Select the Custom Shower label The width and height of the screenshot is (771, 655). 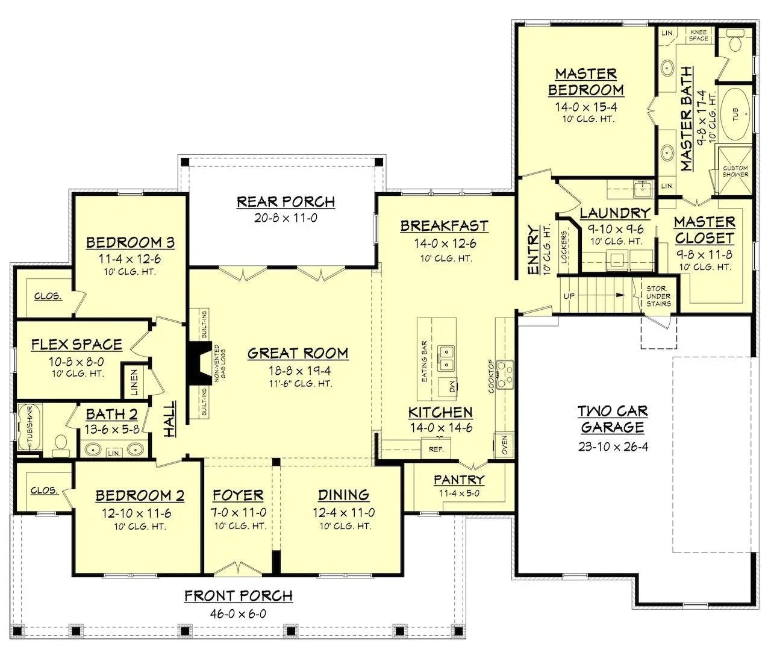pos(735,171)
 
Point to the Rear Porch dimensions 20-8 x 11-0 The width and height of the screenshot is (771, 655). pos(286,218)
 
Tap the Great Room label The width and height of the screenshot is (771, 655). pos(298,353)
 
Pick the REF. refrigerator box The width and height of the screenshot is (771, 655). pos(435,449)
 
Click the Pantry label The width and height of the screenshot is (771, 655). pos(459,480)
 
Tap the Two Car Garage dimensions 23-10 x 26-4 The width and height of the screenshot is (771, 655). pos(612,447)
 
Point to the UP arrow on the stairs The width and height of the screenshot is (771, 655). pos(569,296)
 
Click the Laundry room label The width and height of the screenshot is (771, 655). pos(614,213)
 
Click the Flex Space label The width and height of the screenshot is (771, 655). pos(76,345)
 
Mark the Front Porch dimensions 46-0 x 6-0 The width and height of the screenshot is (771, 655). pos(238,613)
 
